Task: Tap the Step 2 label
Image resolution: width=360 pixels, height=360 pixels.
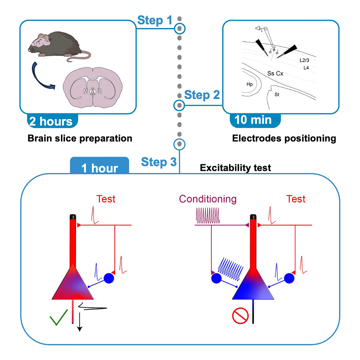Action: tap(202, 95)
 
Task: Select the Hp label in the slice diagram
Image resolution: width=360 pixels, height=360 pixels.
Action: tap(249, 84)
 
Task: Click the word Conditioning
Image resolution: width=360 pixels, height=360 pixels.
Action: tap(208, 199)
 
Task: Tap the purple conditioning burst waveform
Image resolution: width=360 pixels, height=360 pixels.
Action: tap(208, 216)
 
